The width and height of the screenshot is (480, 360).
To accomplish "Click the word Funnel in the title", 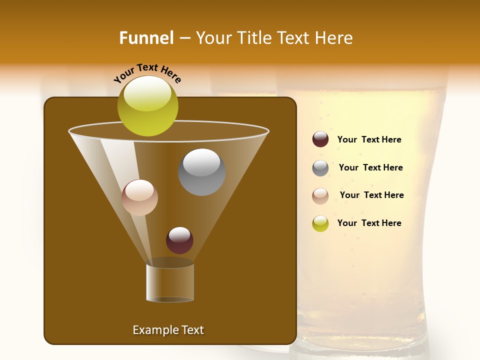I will coord(146,38).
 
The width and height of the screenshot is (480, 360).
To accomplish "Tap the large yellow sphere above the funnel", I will coord(148,105).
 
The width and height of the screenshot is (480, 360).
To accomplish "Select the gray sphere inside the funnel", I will coord(201,172).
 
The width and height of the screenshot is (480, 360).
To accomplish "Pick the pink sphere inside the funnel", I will coord(139,197).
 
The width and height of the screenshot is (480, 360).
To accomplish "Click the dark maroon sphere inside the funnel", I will coord(179,240).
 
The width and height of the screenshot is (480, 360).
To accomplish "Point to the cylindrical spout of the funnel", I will coord(170,282).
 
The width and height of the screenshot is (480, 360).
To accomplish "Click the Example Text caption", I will coord(168,330).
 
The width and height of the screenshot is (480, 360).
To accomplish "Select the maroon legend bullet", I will coord(320,139).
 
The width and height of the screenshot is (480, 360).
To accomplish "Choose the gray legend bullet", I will coord(320,168).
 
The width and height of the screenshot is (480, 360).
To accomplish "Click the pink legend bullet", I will coord(320,196).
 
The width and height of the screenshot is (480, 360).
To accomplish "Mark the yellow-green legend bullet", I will coord(320,223).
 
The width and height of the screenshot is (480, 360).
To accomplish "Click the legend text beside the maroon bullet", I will coord(369,139).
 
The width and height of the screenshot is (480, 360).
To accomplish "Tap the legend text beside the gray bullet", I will coord(370,167).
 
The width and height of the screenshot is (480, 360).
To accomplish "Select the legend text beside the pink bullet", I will coord(371,195).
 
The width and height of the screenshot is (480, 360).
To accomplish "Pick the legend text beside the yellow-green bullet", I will coord(369,223).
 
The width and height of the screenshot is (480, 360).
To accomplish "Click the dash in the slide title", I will coord(184,38).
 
